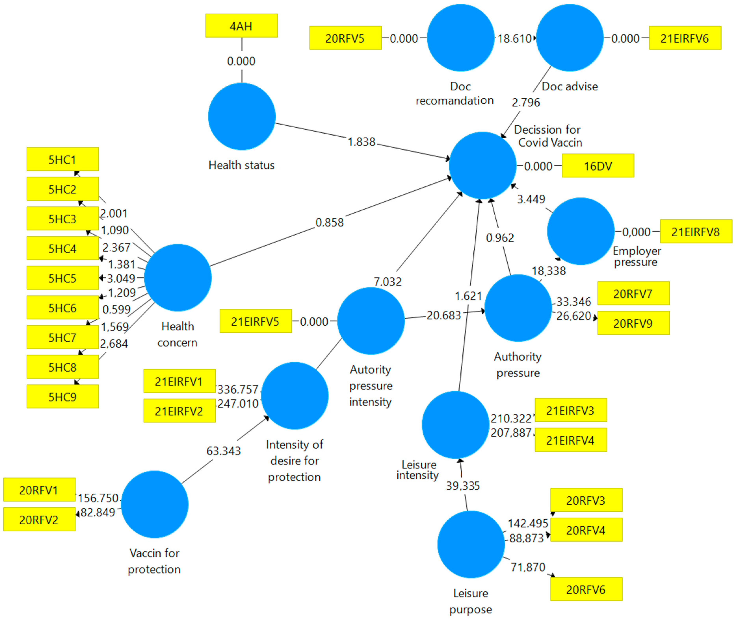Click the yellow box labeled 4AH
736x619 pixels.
click(241, 26)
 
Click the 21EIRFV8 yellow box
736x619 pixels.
click(696, 232)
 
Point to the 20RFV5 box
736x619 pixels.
click(345, 38)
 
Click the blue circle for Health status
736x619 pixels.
click(242, 117)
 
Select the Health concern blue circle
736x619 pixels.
click(178, 278)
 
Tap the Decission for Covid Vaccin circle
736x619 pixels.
click(482, 165)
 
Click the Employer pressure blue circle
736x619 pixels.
click(580, 231)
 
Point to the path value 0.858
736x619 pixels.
click(329, 222)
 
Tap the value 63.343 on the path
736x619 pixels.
click(224, 451)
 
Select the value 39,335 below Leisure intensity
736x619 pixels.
click(463, 486)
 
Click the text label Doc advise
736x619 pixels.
click(570, 86)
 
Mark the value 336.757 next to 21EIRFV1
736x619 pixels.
click(238, 389)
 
